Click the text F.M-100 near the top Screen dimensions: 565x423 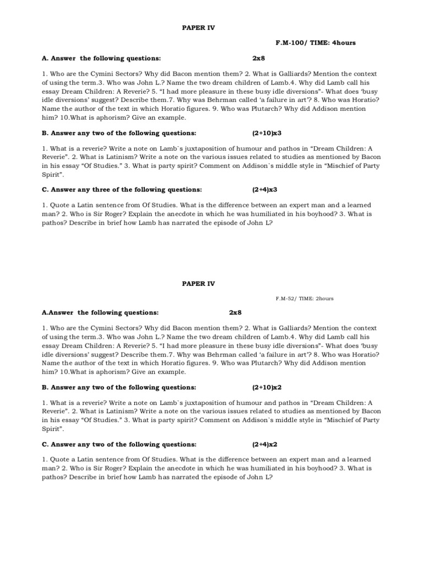(289, 42)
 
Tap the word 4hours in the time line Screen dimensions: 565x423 (343, 42)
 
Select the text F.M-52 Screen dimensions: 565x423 (285, 299)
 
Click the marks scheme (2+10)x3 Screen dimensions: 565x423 (267, 133)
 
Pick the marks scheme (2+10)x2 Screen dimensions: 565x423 (267, 387)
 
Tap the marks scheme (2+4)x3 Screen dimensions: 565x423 (265, 189)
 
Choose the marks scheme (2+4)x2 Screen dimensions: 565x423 (265, 444)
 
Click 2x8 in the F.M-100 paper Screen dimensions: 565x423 (259, 58)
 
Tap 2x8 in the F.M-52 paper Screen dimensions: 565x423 (236, 312)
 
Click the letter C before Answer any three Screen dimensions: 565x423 (45, 189)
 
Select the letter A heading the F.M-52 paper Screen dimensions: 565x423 (45, 312)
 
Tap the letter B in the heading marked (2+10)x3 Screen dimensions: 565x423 (45, 133)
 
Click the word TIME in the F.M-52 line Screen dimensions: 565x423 (305, 299)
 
